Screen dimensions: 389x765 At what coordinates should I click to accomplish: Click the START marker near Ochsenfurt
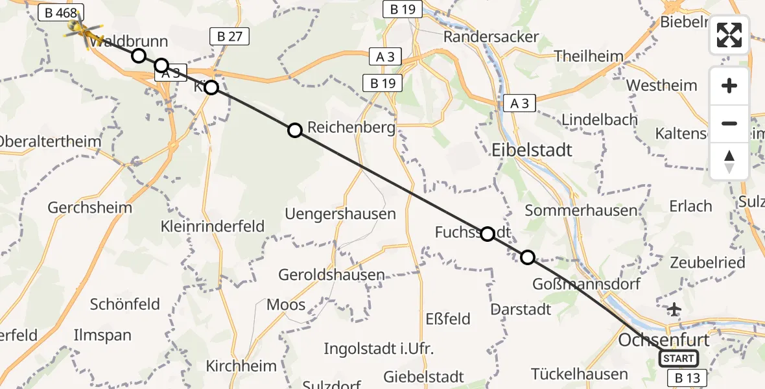pyautogui.click(x=679, y=358)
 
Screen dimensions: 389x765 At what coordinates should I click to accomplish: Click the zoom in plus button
pyautogui.click(x=729, y=86)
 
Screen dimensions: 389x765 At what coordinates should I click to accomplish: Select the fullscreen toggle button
pyautogui.click(x=729, y=35)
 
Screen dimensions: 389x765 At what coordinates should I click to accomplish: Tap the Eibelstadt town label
pyautogui.click(x=532, y=150)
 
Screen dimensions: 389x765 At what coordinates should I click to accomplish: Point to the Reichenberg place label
pyautogui.click(x=351, y=128)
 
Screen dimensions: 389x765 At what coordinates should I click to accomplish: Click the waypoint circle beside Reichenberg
pyautogui.click(x=295, y=130)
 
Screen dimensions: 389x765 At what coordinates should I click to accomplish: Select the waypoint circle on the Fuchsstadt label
pyautogui.click(x=488, y=234)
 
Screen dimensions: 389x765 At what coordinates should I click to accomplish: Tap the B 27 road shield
pyautogui.click(x=230, y=36)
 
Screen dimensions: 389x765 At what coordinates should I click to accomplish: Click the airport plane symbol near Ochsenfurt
pyautogui.click(x=675, y=309)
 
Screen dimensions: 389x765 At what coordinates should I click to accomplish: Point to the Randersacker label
pyautogui.click(x=491, y=36)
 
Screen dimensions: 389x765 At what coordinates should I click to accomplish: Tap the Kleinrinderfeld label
pyautogui.click(x=213, y=226)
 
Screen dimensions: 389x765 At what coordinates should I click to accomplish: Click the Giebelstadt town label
pyautogui.click(x=423, y=377)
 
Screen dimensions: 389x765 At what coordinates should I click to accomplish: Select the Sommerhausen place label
pyautogui.click(x=581, y=211)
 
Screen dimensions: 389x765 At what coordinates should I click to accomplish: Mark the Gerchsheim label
pyautogui.click(x=89, y=208)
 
